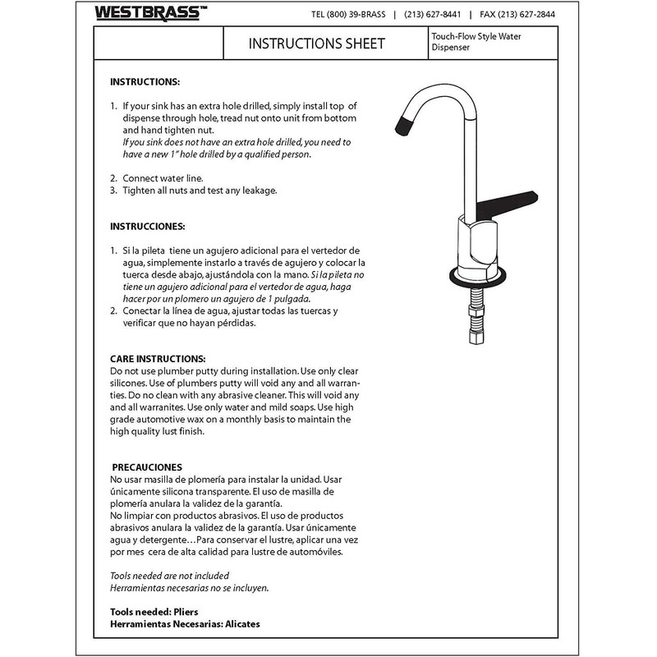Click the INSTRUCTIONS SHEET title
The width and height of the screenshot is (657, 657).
pos(316,44)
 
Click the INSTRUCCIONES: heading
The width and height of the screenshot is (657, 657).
pos(148,226)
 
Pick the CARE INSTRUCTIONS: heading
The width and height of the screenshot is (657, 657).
pos(158,360)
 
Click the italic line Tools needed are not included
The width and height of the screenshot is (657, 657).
pos(169,576)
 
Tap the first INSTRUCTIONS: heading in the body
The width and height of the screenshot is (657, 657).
pos(145,83)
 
